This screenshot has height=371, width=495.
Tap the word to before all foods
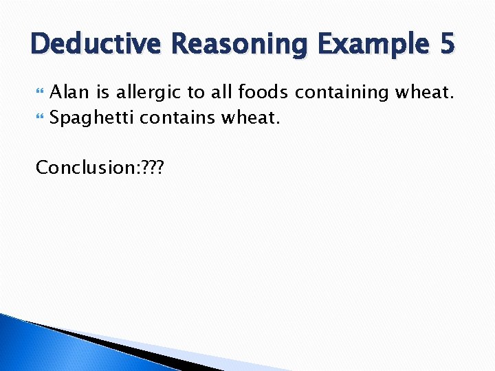coord(196,93)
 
